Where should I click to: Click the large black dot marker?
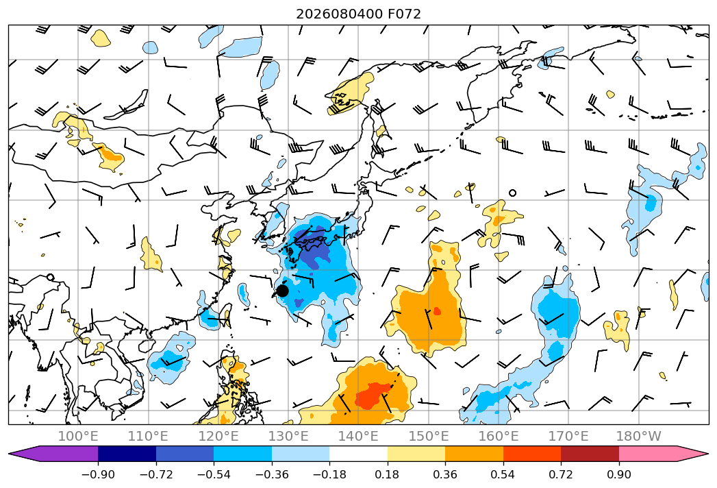pyautogui.click(x=282, y=290)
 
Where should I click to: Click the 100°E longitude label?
pyautogui.click(x=78, y=437)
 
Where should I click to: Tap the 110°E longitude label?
pyautogui.click(x=148, y=437)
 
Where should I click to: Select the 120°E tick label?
pyautogui.click(x=218, y=437)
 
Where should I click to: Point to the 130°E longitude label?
pyautogui.click(x=288, y=437)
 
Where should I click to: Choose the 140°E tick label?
pyautogui.click(x=358, y=437)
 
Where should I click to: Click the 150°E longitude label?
pyautogui.click(x=429, y=437)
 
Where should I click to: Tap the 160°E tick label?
pyautogui.click(x=499, y=437)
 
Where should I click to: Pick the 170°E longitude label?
pyautogui.click(x=568, y=437)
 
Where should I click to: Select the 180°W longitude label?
pyautogui.click(x=639, y=437)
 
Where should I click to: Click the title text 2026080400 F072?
pyautogui.click(x=359, y=14)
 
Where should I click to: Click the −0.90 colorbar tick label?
pyautogui.click(x=98, y=474)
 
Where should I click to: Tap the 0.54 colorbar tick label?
pyautogui.click(x=503, y=474)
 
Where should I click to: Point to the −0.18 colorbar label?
pyautogui.click(x=329, y=474)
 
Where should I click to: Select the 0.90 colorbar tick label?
pyautogui.click(x=618, y=474)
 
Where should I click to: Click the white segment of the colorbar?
pyautogui.click(x=359, y=454)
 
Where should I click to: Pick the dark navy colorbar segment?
pyautogui.click(x=127, y=454)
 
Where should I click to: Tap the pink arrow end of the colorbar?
pyautogui.click(x=664, y=454)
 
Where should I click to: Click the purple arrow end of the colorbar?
pyautogui.click(x=53, y=454)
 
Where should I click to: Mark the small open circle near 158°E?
pyautogui.click(x=513, y=193)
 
